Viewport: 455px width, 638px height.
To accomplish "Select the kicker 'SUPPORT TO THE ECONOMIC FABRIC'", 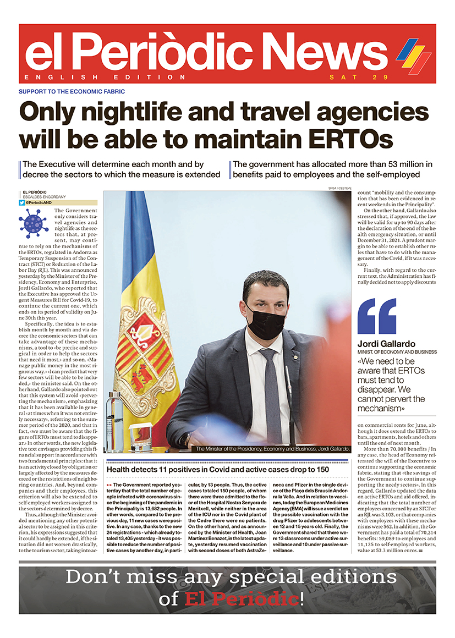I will [x=72, y=91].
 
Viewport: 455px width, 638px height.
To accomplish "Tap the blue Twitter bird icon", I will [x=22, y=203].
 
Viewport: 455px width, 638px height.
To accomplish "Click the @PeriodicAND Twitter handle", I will [x=42, y=203].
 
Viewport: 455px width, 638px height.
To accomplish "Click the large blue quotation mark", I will [x=376, y=317].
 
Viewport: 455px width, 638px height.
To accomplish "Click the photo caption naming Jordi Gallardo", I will [x=272, y=449].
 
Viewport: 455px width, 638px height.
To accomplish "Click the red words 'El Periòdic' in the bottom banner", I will [x=242, y=598].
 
